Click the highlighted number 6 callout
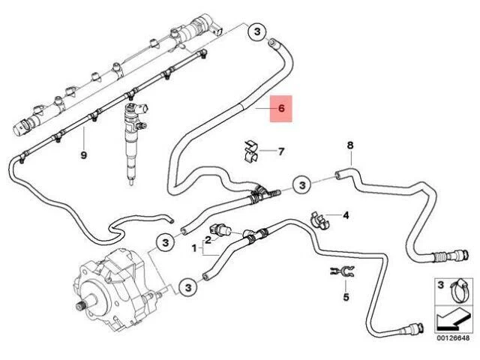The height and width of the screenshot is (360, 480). pyautogui.click(x=281, y=109)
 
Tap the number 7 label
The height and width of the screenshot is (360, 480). pyautogui.click(x=281, y=151)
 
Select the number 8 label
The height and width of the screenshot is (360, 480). pyautogui.click(x=349, y=144)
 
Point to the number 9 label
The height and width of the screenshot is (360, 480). pyautogui.click(x=84, y=154)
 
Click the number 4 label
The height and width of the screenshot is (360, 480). pyautogui.click(x=346, y=216)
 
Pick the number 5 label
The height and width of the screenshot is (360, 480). pyautogui.click(x=346, y=298)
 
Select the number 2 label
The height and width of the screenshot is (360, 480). pyautogui.click(x=208, y=238)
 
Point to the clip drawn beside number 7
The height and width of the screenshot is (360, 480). pyautogui.click(x=251, y=151)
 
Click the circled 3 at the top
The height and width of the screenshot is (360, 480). pyautogui.click(x=256, y=32)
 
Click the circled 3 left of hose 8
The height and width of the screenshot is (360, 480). pyautogui.click(x=301, y=184)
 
